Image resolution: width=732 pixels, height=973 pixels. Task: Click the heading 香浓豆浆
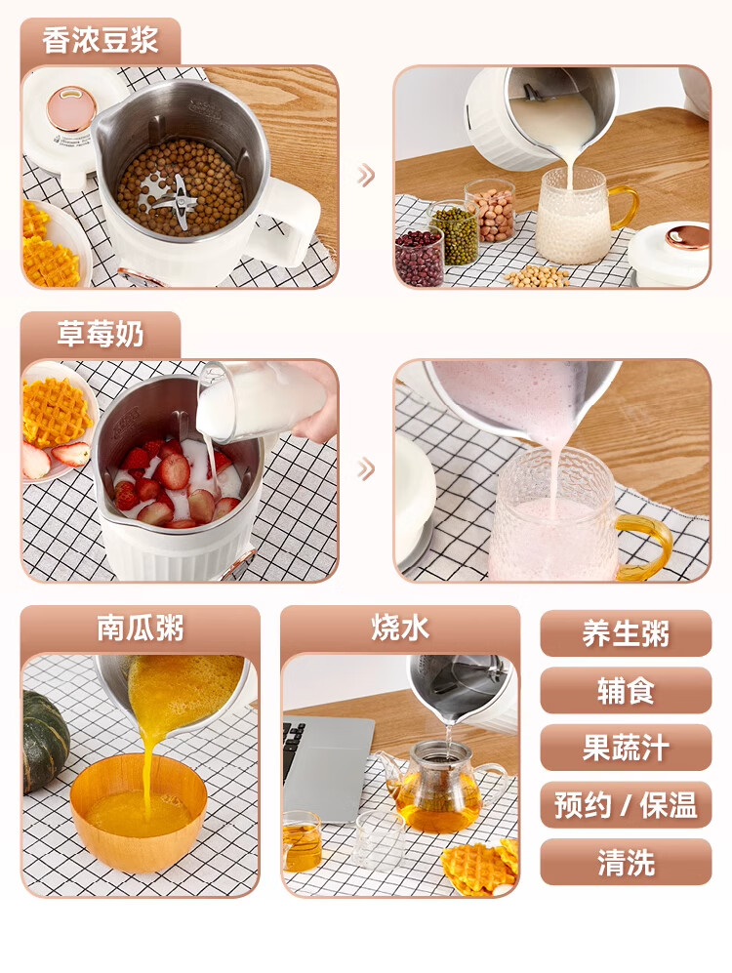[x=100, y=40]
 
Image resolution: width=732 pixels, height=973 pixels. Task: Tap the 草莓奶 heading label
[x=100, y=334]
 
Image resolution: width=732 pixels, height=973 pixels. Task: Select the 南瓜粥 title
[x=141, y=628]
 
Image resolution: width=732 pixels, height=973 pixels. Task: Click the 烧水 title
[x=400, y=628]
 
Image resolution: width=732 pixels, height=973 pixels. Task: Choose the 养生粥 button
[x=626, y=633]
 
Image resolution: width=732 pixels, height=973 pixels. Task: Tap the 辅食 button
[x=626, y=691]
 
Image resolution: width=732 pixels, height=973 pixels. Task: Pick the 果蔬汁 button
[x=626, y=748]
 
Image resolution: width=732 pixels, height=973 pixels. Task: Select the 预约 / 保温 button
[x=626, y=805]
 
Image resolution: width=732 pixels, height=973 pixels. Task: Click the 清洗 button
[x=626, y=862]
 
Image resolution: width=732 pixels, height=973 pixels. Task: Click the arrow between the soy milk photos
[x=366, y=176]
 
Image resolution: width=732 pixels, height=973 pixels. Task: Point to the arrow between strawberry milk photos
[x=366, y=469]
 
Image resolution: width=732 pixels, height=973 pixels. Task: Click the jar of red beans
[x=419, y=257]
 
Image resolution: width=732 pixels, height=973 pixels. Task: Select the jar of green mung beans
[x=454, y=233]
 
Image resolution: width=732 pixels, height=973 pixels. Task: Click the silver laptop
[x=328, y=768]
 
